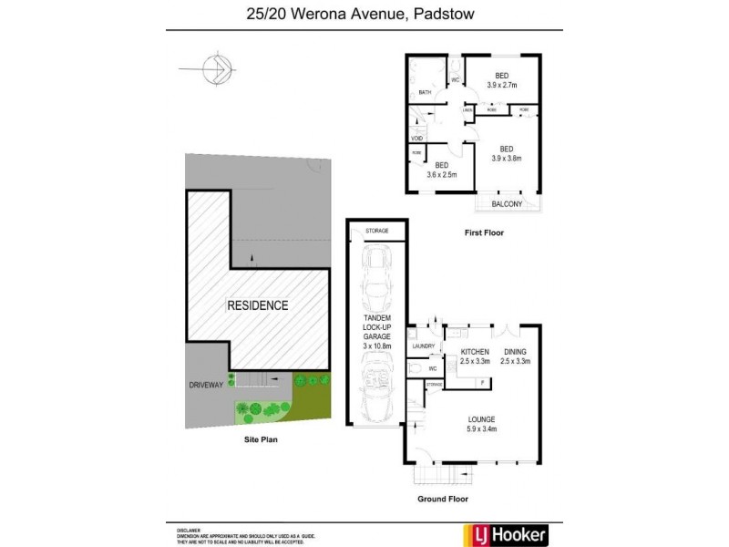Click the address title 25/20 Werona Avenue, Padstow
[364, 13]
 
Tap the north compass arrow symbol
[217, 67]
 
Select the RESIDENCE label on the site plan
[257, 305]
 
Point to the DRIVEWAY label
[205, 385]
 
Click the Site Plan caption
[260, 439]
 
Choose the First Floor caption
[483, 232]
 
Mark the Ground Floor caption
[442, 500]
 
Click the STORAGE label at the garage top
[376, 231]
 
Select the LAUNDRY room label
[423, 346]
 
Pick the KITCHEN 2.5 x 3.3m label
[475, 356]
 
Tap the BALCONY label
[507, 204]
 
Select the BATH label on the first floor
[425, 92]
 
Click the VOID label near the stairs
[416, 138]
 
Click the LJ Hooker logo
[507, 533]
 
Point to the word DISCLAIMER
[190, 529]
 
